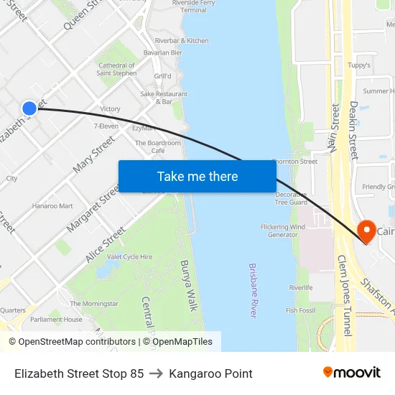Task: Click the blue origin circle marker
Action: point(29,108)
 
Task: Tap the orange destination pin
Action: point(366,231)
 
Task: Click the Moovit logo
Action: point(351,372)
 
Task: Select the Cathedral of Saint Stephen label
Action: point(116,69)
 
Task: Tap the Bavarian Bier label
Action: point(162,52)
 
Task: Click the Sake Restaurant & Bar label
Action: point(164,98)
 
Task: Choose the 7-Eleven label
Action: point(106,126)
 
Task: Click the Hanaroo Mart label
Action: point(52,206)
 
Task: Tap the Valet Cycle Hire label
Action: point(129,256)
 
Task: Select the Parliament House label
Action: point(56,320)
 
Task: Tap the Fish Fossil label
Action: point(301,310)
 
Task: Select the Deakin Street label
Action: point(353,129)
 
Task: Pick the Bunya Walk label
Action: point(188,285)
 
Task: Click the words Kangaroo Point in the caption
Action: point(210,373)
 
